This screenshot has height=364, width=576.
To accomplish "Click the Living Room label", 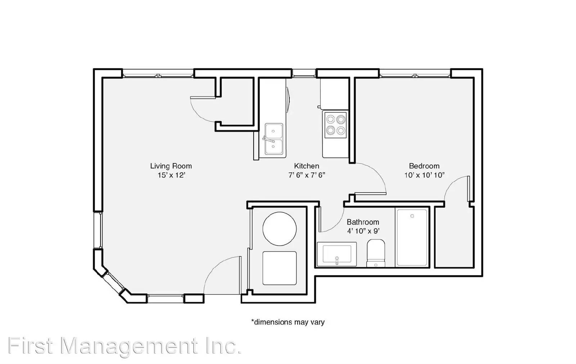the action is (171, 166).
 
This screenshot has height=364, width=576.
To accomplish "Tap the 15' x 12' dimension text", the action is (171, 175).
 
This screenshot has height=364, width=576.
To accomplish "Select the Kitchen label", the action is (306, 166).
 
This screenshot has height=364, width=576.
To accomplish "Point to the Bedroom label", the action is (424, 166).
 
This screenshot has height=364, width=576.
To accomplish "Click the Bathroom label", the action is (363, 222).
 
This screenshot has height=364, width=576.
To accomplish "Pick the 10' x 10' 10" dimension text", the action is (424, 175).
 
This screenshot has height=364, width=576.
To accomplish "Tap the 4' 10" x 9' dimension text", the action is (363, 231).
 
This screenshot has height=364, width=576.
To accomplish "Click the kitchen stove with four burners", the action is (336, 125).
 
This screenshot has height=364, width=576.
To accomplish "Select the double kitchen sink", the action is (274, 139).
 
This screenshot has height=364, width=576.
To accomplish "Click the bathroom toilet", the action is (376, 253).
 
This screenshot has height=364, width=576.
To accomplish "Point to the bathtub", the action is (412, 238).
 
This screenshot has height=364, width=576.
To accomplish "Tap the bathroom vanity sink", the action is (337, 254).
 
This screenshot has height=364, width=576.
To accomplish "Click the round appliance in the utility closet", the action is (279, 229).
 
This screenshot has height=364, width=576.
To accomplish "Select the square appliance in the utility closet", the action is (279, 268).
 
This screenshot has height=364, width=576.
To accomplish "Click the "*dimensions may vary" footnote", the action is (288, 322).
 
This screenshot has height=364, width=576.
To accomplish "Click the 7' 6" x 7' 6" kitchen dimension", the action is (307, 175).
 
